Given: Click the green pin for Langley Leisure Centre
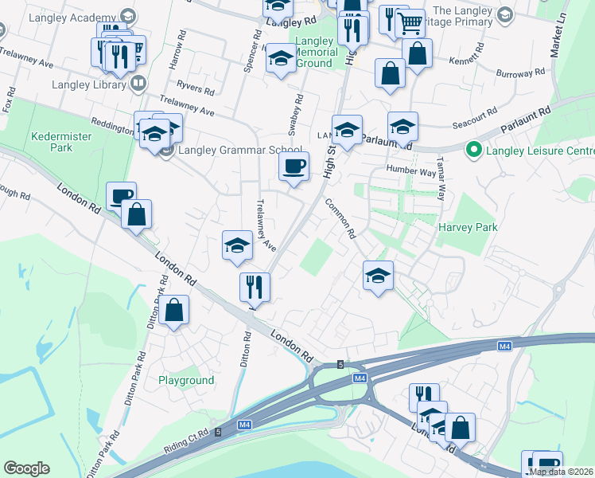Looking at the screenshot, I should [x=474, y=150].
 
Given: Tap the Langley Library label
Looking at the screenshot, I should [x=87, y=84].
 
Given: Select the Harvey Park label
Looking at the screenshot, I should [x=468, y=227].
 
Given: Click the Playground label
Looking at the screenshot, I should [x=186, y=380].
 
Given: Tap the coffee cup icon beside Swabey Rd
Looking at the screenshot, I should [x=294, y=167].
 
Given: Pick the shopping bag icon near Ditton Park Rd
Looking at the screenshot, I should [x=174, y=311].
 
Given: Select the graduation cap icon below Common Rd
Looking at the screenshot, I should [x=378, y=276].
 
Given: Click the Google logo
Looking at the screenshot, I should [x=26, y=468].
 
